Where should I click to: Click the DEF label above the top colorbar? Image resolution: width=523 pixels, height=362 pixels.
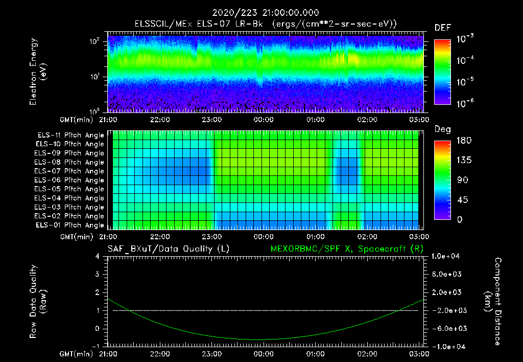(442, 28)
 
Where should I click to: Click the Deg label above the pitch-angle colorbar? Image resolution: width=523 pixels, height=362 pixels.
(442, 129)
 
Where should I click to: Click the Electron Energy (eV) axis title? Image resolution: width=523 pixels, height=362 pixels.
(38, 72)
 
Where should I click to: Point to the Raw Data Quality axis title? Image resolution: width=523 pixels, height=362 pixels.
(38, 302)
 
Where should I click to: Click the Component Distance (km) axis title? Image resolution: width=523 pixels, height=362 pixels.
(493, 302)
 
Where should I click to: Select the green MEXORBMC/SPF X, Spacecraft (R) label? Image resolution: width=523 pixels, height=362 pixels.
(347, 249)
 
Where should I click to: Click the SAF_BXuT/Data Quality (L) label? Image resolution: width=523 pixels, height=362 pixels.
(168, 249)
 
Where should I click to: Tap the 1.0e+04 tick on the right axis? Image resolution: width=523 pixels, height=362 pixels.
(447, 256)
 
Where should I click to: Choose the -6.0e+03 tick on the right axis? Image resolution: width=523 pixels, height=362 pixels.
(447, 328)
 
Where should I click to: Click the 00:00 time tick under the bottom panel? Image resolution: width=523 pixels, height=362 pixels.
(263, 353)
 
